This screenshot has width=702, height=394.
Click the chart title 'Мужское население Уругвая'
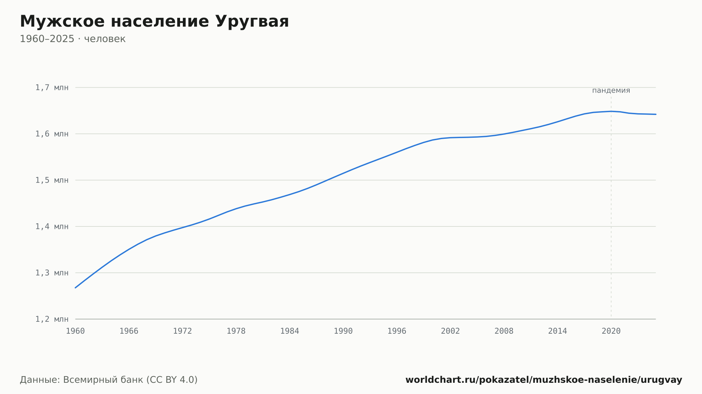154,22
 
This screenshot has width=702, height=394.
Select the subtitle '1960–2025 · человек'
73,39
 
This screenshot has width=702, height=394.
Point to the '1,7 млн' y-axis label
52,88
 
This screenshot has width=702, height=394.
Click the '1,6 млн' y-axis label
52,134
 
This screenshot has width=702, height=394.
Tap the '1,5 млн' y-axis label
52,180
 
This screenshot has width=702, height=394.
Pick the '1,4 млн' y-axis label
52,226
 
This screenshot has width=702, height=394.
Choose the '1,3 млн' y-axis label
52,273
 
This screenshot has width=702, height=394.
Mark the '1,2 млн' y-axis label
52,319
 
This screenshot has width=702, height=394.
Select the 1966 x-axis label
129,331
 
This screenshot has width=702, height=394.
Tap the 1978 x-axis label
236,331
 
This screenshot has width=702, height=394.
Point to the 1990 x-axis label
343,331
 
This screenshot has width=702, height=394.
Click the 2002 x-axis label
450,331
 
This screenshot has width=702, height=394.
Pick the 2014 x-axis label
557,331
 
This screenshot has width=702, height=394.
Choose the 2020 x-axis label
611,331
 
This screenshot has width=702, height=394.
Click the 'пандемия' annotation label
611,90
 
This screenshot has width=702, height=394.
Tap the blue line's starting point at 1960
75,288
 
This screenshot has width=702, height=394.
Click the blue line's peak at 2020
611,111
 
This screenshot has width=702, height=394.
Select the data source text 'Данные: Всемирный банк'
81,380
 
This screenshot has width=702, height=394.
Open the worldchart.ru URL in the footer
544,380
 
